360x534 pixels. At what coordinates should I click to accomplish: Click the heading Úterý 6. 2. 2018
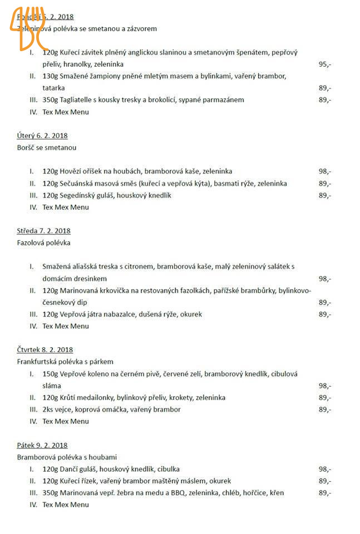pos(42,136)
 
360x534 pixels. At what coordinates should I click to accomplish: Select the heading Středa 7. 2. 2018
pos(44,231)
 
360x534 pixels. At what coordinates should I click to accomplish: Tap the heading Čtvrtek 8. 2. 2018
pos(45,350)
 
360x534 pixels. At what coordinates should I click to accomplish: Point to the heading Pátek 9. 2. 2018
pos(42,445)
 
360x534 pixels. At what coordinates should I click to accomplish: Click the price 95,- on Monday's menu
pos(325,65)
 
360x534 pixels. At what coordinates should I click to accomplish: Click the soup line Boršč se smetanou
pos(47,148)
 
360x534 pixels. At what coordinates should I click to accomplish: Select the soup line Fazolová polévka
pos(44,243)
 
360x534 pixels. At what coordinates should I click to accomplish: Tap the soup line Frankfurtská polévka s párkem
pos(65,362)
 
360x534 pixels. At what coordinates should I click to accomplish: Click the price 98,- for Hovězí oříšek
pos(325,171)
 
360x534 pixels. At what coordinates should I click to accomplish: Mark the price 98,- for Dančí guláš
pos(325,469)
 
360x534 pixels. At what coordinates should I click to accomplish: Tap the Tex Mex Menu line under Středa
pos(66,326)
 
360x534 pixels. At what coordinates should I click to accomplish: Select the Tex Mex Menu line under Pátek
pos(66,505)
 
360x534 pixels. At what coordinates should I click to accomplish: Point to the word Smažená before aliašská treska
pos(57,267)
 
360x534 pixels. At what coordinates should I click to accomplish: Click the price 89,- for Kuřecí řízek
pos(325,481)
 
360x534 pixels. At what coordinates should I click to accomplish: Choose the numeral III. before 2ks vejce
pos(33,409)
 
